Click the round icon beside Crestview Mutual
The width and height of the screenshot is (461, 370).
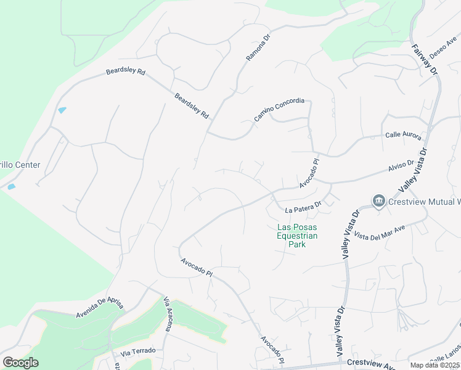pos(378,201)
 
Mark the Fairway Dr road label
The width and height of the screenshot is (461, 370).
pos(425,60)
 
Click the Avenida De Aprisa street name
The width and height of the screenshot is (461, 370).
pos(101,298)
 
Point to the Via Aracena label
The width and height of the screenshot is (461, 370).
pos(168,313)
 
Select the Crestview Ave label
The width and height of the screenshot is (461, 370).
pos(370,364)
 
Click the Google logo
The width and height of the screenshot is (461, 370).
pos(20,363)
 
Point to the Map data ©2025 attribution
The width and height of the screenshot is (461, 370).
pos(435,365)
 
